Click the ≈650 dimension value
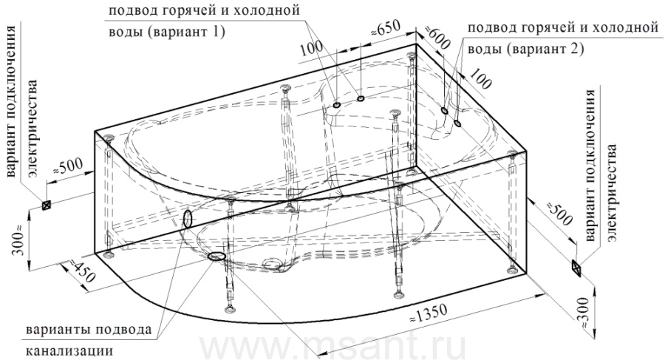[x=386, y=30]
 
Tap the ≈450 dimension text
[x=80, y=271]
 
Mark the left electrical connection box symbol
[x=46, y=205]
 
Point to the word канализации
[x=69, y=352]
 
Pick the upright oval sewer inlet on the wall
[x=188, y=219]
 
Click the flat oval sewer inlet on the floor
[x=216, y=256]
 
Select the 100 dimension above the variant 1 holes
[x=312, y=50]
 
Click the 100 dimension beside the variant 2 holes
[x=480, y=79]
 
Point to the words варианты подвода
[x=89, y=330]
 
